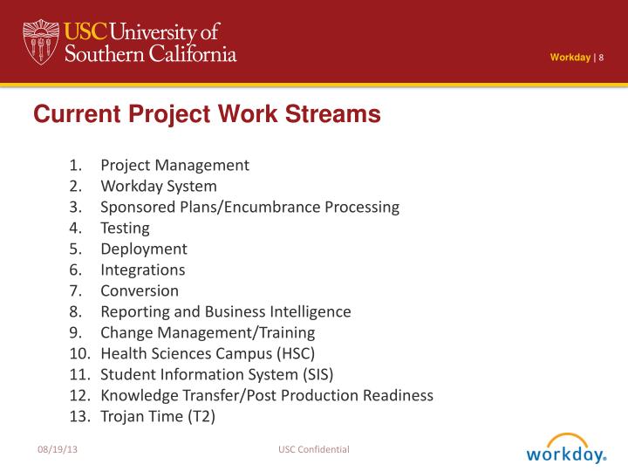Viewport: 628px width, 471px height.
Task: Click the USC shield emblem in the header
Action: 39,40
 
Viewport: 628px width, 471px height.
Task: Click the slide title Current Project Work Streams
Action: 208,114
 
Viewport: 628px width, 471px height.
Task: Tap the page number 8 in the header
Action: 601,58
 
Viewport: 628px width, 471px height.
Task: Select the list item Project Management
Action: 174,165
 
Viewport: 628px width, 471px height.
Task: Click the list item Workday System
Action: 159,186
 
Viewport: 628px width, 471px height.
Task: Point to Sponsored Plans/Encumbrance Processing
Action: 249,207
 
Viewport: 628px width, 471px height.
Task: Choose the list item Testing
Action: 125,228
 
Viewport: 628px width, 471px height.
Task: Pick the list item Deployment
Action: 143,249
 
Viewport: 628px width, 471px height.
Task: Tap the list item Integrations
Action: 142,270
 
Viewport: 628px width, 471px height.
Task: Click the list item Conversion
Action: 140,290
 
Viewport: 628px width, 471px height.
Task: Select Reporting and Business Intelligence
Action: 225,311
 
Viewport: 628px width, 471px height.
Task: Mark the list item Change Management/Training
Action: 208,332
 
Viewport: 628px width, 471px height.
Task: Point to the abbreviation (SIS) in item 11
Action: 316,374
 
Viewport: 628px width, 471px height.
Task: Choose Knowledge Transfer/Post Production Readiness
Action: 267,395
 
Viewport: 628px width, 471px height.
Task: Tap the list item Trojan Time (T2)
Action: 157,416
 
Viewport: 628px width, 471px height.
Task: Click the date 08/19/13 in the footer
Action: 55,449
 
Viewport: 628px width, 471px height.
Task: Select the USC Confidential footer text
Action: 314,449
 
